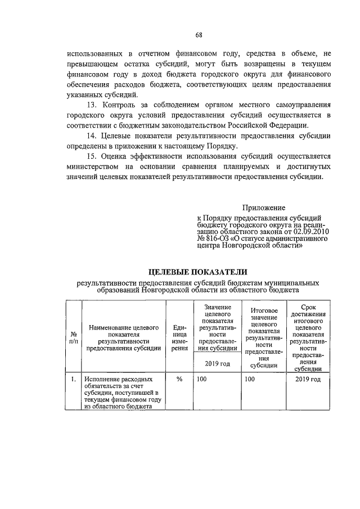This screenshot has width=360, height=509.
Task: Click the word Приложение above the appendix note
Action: [x=264, y=208]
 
